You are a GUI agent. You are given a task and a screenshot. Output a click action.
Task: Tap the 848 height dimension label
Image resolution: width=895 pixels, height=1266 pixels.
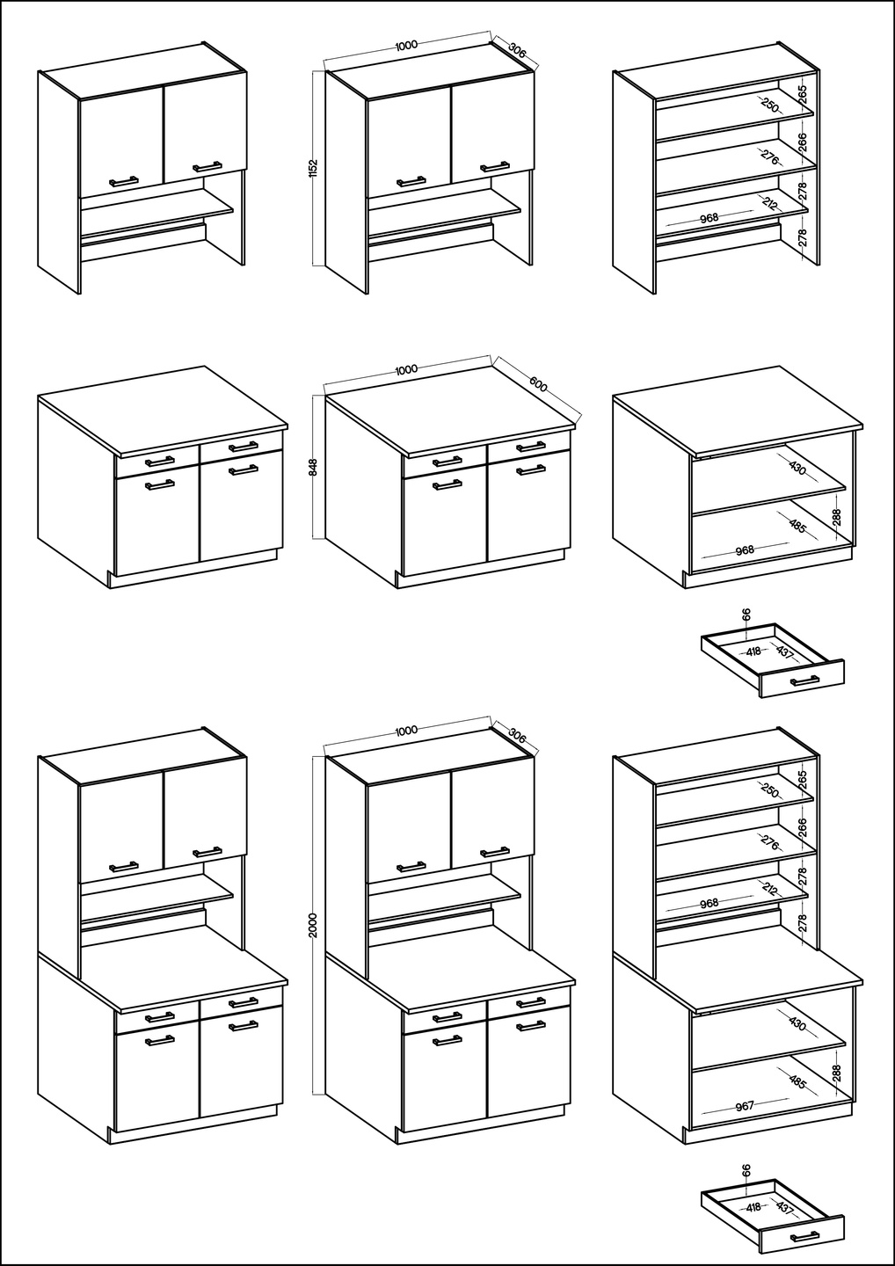click(x=314, y=466)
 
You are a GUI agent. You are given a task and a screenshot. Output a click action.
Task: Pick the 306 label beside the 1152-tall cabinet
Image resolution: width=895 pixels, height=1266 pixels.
click(x=517, y=50)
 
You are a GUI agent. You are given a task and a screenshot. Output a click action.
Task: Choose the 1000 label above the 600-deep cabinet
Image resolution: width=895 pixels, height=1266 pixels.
click(x=406, y=369)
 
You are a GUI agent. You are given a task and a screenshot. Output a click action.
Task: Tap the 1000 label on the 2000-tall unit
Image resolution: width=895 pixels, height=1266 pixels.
click(x=406, y=731)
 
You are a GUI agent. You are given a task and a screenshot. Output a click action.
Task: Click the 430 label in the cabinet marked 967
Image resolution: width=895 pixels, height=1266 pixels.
click(x=797, y=1023)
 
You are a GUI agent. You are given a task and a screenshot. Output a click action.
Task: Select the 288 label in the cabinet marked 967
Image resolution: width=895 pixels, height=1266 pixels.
click(x=837, y=1073)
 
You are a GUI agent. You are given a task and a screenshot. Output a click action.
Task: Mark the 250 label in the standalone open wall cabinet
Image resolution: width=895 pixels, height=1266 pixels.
click(x=769, y=105)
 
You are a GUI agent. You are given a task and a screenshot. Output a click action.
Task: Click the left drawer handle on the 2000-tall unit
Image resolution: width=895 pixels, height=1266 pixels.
click(x=447, y=1016)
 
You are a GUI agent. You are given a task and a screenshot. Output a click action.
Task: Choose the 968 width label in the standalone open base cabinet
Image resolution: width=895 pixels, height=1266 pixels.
click(x=745, y=549)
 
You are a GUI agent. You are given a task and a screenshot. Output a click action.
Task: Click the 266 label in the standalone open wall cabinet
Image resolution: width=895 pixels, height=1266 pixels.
click(x=804, y=142)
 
